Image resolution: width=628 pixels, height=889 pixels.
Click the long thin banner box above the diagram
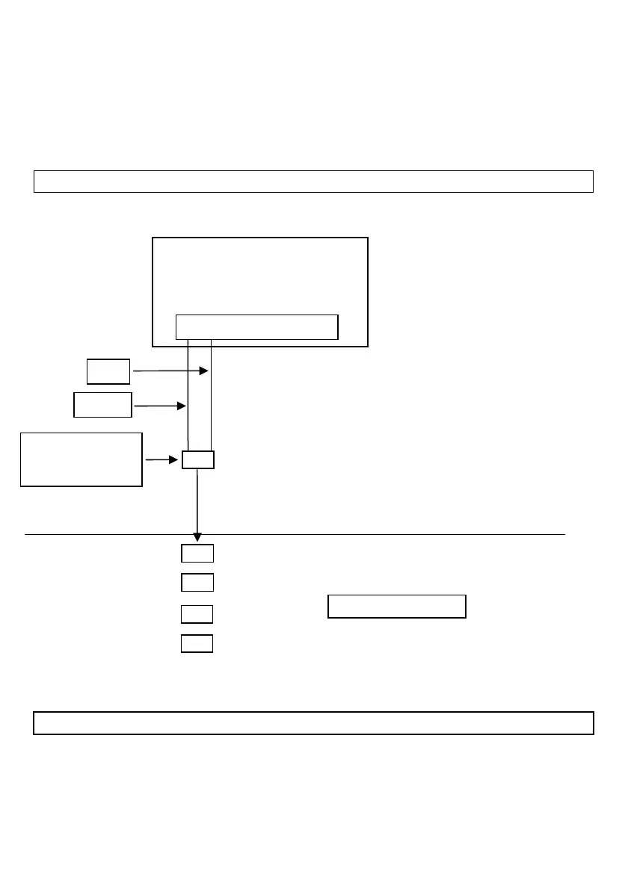[x=313, y=182]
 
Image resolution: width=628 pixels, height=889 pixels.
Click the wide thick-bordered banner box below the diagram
[x=313, y=723]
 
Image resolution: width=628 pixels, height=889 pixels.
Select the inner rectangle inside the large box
[x=256, y=327]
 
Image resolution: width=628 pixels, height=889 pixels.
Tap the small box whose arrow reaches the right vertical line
[x=108, y=371]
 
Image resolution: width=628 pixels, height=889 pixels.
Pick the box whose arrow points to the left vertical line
[x=102, y=405]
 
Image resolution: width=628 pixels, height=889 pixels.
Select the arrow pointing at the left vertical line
[x=159, y=406]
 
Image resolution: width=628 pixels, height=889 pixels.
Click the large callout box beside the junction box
[x=81, y=459]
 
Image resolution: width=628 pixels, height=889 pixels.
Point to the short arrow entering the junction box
[x=161, y=460]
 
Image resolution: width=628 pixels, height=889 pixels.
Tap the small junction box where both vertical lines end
[x=198, y=459]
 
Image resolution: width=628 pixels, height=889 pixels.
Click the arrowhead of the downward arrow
[x=197, y=537]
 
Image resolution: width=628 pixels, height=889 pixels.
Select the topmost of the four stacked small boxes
[x=197, y=554]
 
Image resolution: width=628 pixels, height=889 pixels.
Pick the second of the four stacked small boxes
[x=197, y=582]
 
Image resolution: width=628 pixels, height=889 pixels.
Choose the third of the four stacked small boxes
[x=197, y=614]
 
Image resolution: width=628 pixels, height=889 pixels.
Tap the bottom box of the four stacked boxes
[x=197, y=643]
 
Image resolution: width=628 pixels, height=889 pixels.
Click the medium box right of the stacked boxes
[x=397, y=607]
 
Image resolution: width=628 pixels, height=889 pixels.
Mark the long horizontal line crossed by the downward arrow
[x=374, y=535]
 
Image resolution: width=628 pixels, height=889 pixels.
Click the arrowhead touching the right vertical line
[x=204, y=370]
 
